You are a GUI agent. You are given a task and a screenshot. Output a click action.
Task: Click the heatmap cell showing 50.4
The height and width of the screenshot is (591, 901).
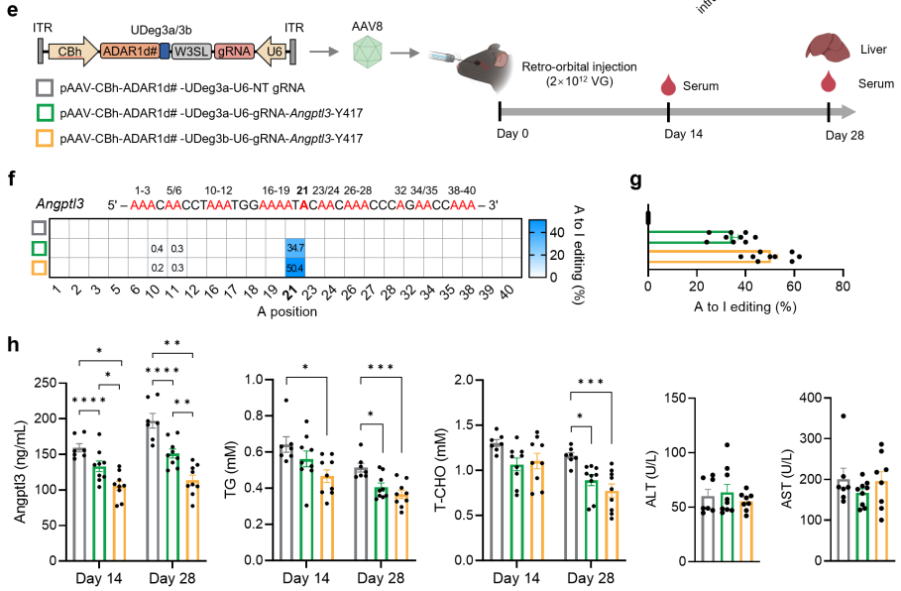click(x=294, y=268)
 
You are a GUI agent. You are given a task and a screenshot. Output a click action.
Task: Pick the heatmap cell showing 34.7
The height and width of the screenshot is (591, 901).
click(x=294, y=247)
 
